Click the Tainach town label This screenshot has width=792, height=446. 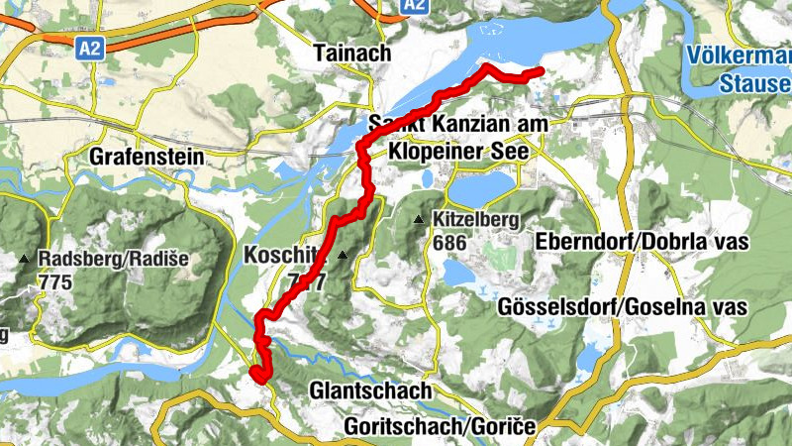(x=351, y=54)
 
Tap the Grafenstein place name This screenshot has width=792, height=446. (x=147, y=157)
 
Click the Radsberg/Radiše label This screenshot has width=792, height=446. (x=112, y=260)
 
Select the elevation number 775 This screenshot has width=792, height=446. (x=55, y=281)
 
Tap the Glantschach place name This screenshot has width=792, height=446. (x=370, y=390)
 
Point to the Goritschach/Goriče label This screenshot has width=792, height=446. (x=441, y=426)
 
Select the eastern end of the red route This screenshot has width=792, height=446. (x=541, y=71)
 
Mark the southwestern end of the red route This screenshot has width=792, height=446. (x=256, y=375)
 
